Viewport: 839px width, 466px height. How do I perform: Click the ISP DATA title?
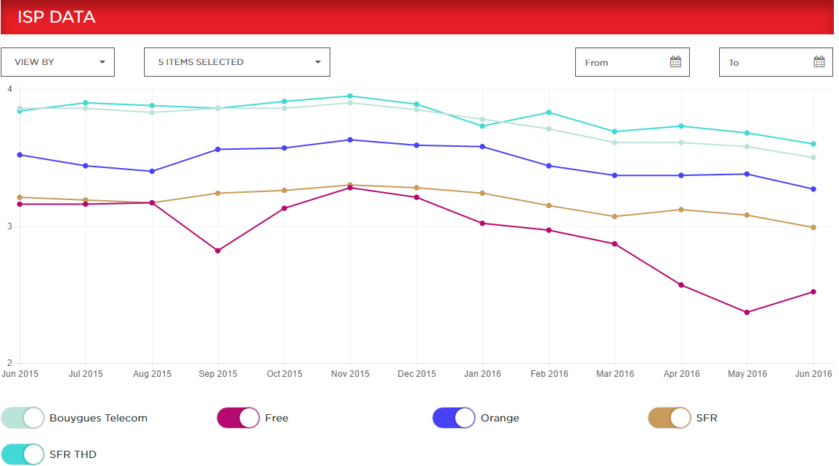coord(56,17)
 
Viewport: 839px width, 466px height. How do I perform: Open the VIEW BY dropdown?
coord(58,62)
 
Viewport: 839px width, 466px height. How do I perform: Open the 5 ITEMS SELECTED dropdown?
coord(237,62)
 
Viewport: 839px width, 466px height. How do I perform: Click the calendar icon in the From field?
coord(675,62)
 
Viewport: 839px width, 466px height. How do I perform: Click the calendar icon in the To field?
coord(819,62)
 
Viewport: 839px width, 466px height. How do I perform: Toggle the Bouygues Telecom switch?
coord(23,418)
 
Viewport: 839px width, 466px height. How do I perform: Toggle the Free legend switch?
coord(238,418)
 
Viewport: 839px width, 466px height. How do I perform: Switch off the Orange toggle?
coord(454,418)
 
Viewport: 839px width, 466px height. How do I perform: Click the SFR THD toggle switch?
coord(23,454)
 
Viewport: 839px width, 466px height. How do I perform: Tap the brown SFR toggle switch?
coord(669,418)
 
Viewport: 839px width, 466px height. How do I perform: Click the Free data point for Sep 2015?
coord(218,251)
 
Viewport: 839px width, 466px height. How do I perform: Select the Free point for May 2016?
coord(747,313)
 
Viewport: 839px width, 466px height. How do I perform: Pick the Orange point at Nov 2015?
coord(350,140)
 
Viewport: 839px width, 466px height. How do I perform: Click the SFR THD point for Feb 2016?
coord(549,112)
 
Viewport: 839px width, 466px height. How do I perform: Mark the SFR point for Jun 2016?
coord(813,227)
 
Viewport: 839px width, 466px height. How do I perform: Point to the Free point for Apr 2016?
coord(681,285)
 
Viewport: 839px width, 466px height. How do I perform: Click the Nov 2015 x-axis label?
coord(350,374)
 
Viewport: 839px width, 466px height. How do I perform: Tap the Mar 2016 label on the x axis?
coord(615,374)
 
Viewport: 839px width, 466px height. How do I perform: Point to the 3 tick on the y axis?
coord(10,226)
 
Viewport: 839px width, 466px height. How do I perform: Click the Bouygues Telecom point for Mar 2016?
coord(615,142)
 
